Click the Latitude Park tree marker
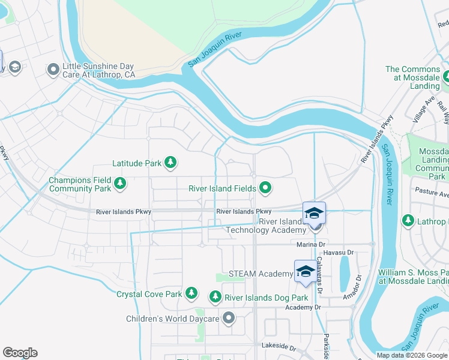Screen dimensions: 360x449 tap(171, 162)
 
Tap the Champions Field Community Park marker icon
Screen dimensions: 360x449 tap(120, 184)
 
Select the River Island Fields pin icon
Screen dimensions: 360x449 tap(265, 189)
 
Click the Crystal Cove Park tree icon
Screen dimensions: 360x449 tap(191, 293)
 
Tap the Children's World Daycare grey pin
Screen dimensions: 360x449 tap(228, 317)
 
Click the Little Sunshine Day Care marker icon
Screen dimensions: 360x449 tap(53, 70)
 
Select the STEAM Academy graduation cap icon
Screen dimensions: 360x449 tap(305, 271)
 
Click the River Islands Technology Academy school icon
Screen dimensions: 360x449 tap(314, 214)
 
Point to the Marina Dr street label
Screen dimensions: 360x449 tap(310, 244)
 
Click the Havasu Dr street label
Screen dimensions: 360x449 tap(342, 253)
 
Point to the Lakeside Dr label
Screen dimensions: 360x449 tap(279, 346)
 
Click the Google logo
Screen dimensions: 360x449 tap(20, 353)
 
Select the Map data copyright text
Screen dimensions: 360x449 tap(412, 355)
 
